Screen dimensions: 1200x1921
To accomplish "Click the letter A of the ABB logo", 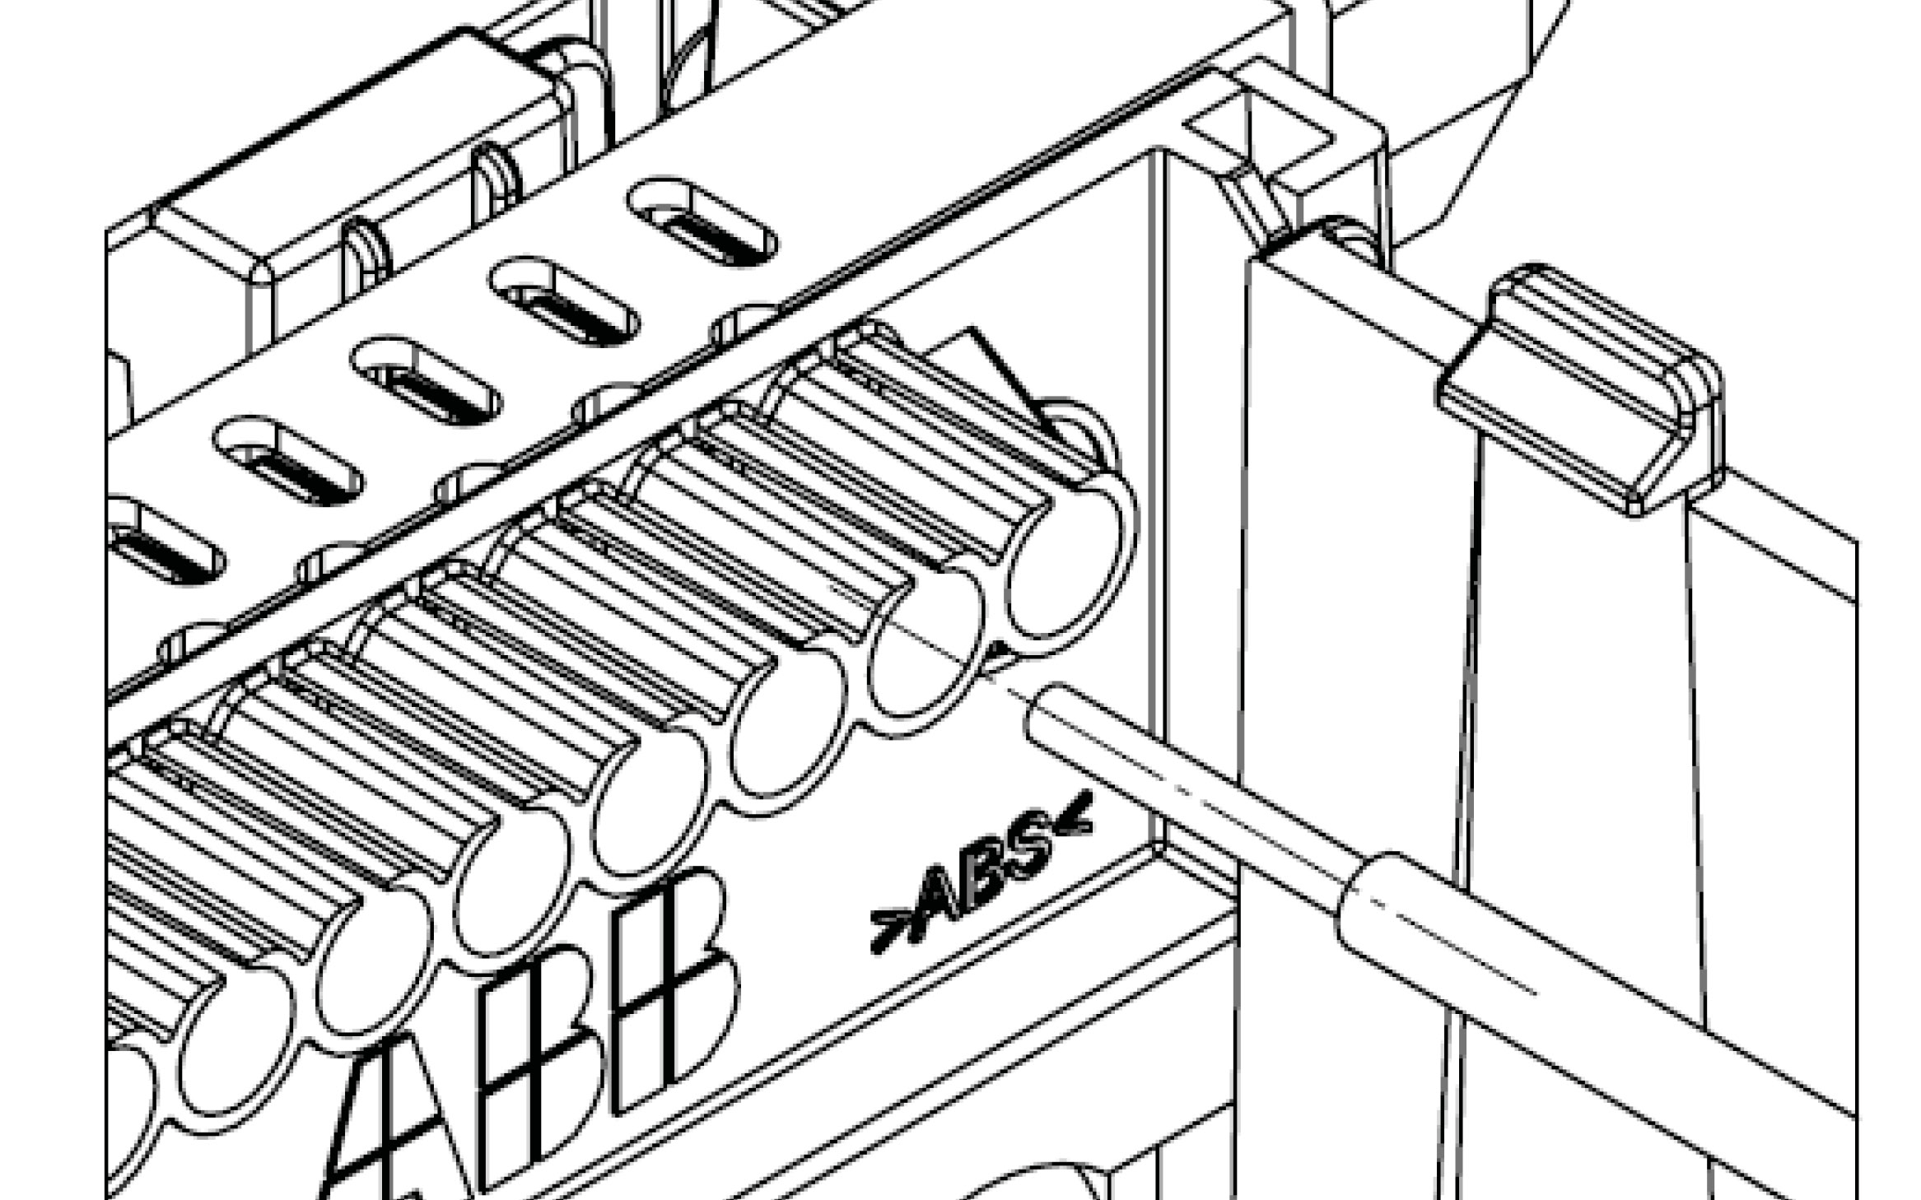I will point(395,1119).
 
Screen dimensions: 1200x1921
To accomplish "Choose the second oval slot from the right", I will point(564,300).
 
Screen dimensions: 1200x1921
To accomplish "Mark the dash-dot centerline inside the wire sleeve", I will point(1449,947).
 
